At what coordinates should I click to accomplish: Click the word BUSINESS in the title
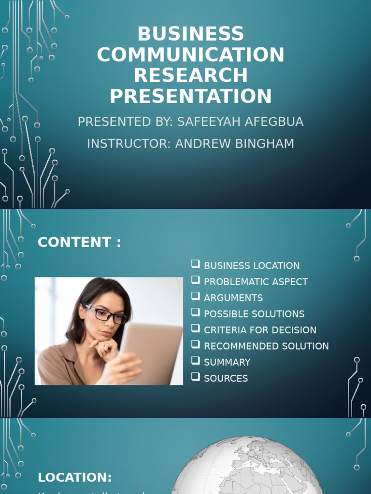pos(191,34)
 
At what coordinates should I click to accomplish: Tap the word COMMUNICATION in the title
pos(191,55)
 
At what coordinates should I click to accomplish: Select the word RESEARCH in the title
pos(191,76)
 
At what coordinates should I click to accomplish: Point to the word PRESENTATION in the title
pos(191,96)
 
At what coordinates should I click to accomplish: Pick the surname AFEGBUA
pos(275,122)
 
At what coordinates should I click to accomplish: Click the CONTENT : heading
pos(79,242)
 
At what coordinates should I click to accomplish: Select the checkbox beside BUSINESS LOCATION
pos(195,264)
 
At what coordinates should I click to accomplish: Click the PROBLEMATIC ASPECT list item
pos(256,282)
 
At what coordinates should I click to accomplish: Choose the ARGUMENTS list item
pos(233,298)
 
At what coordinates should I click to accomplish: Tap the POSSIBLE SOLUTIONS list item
pos(254,314)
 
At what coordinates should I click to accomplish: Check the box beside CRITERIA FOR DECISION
pos(195,329)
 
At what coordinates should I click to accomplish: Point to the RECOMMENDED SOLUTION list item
pos(266,346)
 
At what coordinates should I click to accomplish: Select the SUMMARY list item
pos(227,362)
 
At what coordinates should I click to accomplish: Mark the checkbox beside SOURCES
pos(195,377)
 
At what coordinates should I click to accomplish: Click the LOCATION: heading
pos(75,478)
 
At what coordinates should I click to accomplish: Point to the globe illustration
pos(246,466)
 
